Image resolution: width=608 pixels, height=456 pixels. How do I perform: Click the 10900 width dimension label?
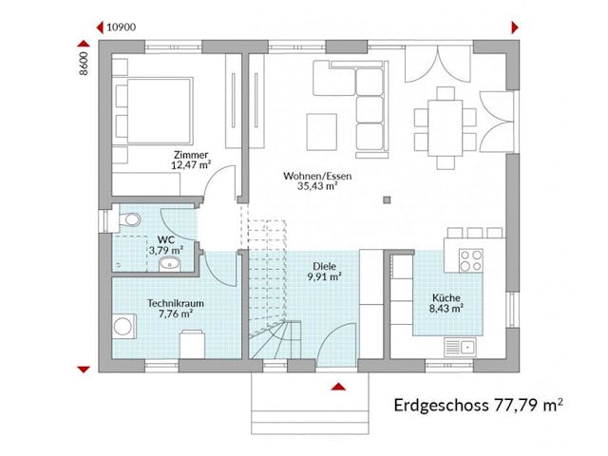121,27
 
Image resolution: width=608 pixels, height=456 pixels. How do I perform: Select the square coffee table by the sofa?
321,128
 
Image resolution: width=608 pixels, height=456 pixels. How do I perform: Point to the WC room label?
164,239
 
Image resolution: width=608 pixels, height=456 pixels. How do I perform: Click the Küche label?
445,295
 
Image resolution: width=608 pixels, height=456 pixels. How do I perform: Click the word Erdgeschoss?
441,406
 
